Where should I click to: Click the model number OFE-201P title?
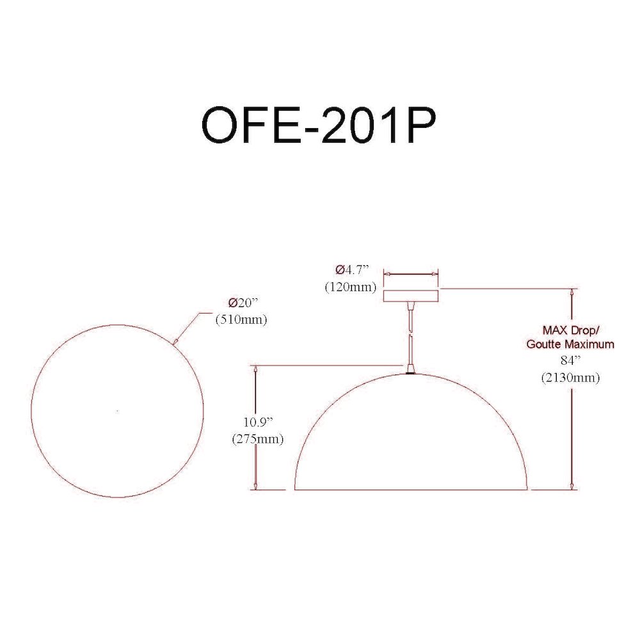click(319, 125)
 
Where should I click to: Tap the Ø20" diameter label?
click(244, 303)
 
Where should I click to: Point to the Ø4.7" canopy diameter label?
click(352, 270)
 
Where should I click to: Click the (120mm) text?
click(350, 287)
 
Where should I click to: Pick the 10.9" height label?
click(258, 422)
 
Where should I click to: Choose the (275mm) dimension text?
click(257, 439)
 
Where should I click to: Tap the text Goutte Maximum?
click(570, 344)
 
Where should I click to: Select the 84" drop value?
click(570, 360)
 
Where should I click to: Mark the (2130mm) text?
click(570, 378)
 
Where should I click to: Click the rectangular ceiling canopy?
click(411, 295)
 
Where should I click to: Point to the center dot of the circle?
click(118, 411)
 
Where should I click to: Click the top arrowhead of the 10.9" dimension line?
click(256, 370)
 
